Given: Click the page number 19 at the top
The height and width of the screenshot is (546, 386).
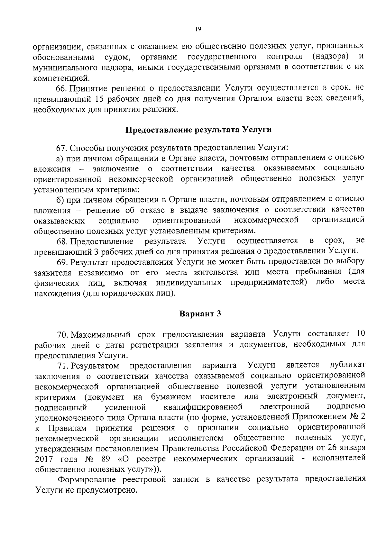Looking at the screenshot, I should [x=198, y=29].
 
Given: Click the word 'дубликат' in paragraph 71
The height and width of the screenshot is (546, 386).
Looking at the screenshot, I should [x=347, y=365].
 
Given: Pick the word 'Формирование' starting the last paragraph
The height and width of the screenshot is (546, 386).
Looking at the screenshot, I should [x=85, y=479].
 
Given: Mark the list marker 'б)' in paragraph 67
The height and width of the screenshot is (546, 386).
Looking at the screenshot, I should [x=60, y=200].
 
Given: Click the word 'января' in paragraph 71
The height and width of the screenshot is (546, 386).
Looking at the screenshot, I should [x=354, y=448].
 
